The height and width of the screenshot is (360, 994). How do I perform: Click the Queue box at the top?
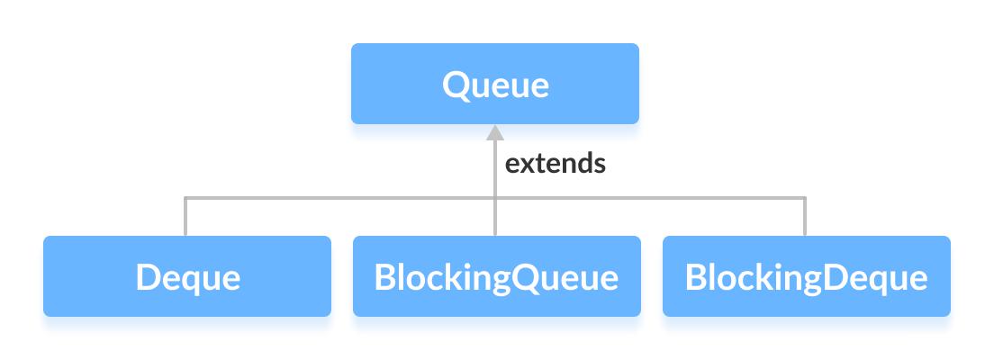coord(494,84)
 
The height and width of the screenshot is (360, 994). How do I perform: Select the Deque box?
coord(187,276)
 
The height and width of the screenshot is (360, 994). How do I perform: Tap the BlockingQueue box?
coord(496,276)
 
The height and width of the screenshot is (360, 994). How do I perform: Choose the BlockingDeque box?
coord(806,276)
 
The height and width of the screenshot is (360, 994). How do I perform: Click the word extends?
coord(555,165)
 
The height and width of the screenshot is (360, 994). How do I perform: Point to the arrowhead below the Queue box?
coord(494,133)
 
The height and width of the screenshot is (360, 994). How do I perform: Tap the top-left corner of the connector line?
coord(185,197)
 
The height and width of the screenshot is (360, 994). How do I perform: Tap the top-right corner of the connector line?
coord(805,197)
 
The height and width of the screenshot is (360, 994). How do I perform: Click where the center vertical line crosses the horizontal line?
coord(494,197)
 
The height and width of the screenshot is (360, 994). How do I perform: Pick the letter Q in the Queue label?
coord(455,85)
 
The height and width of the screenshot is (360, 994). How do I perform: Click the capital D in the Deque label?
coord(148,277)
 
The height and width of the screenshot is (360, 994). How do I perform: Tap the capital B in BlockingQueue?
coord(385,277)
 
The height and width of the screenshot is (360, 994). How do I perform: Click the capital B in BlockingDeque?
coord(696,277)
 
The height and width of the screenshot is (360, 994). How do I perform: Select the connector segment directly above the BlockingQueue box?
coord(494,218)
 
